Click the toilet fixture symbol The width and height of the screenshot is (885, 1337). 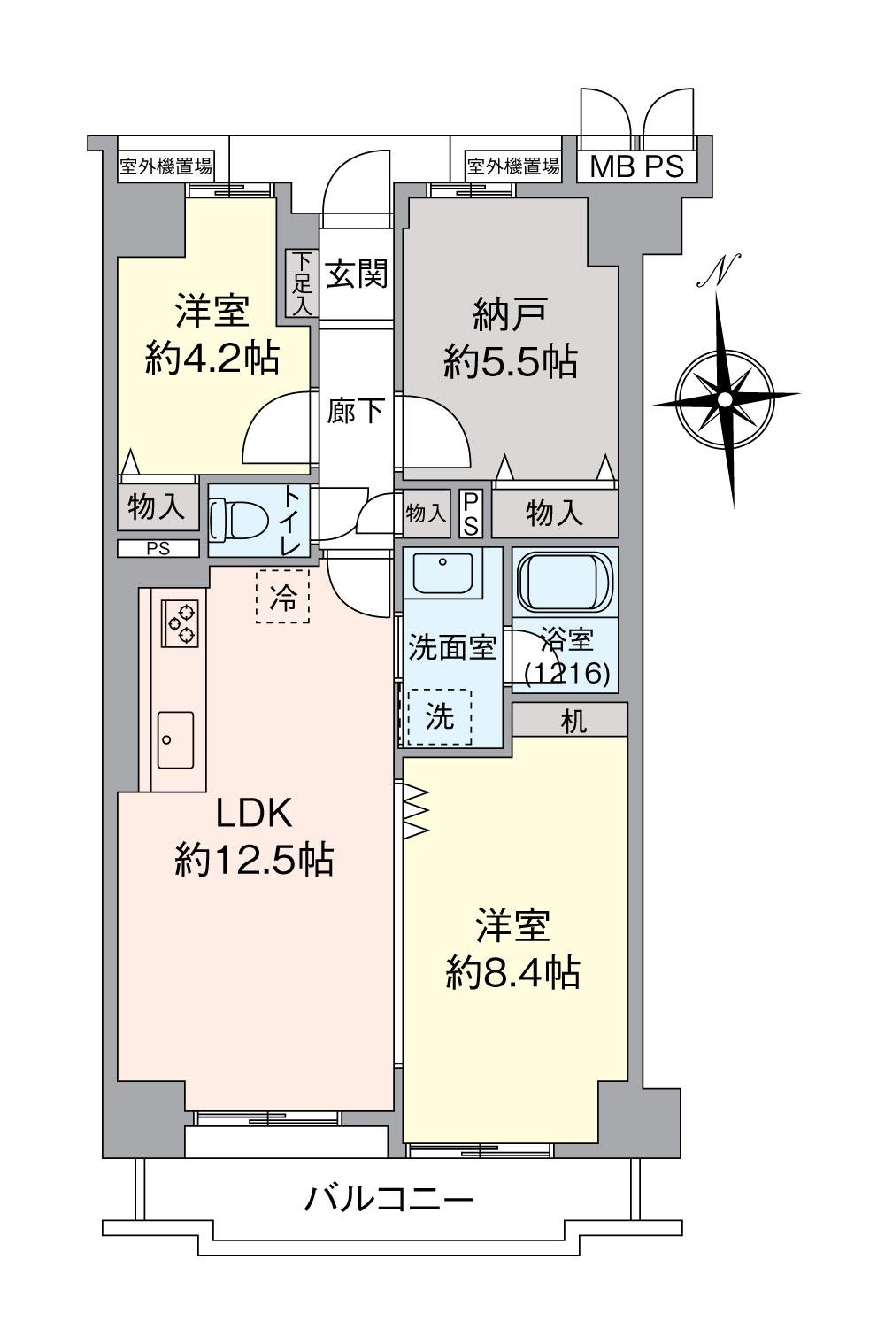click(238, 521)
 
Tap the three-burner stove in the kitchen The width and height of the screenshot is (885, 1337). click(181, 622)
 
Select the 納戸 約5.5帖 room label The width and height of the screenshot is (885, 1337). click(511, 337)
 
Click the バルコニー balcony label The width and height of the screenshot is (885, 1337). click(389, 1201)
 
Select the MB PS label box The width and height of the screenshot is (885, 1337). click(637, 166)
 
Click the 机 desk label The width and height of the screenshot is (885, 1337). click(573, 721)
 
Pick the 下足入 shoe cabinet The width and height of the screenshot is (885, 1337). click(303, 282)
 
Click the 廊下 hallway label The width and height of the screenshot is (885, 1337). click(356, 411)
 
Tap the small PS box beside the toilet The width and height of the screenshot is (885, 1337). click(158, 548)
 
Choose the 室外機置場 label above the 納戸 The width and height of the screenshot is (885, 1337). click(513, 166)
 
